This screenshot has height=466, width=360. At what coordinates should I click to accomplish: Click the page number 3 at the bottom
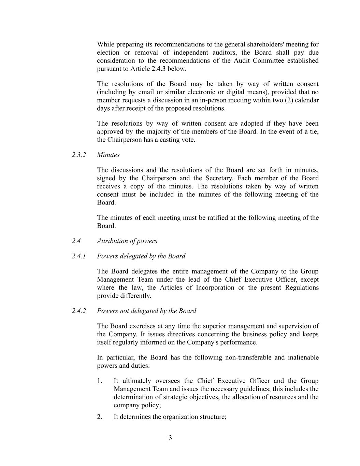tap(170, 438)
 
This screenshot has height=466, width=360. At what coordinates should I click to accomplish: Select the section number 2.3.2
tap(79, 155)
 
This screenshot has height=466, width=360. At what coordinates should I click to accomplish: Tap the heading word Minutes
tap(108, 155)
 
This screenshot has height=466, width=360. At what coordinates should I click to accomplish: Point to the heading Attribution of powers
tap(127, 241)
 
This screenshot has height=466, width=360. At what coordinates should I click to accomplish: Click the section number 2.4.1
tap(79, 256)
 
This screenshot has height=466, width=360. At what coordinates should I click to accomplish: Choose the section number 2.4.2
tap(79, 311)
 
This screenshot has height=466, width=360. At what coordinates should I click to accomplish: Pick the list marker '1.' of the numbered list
tap(100, 381)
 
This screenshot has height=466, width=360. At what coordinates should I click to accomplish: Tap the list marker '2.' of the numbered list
tap(100, 417)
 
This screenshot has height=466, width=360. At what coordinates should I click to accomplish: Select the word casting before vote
tap(170, 140)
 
